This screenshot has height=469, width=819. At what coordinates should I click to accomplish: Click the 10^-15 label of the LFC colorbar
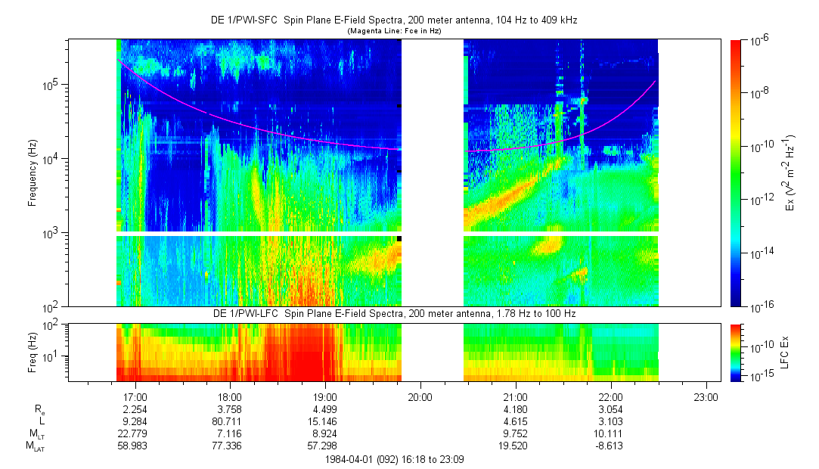761,376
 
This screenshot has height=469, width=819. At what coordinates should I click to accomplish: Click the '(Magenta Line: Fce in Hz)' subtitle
394,31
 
